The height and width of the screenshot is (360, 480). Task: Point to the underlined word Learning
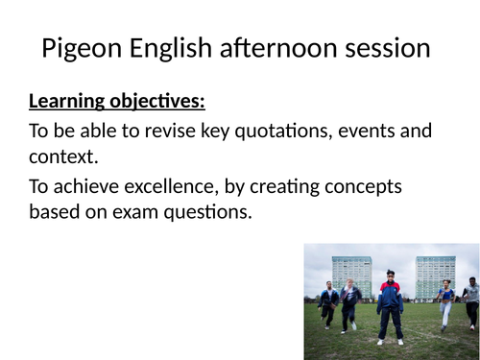click(x=67, y=101)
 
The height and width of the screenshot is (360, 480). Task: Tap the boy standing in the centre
click(x=390, y=305)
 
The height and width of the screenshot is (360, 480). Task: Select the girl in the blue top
click(x=445, y=300)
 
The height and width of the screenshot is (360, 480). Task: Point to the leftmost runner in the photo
click(x=329, y=302)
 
